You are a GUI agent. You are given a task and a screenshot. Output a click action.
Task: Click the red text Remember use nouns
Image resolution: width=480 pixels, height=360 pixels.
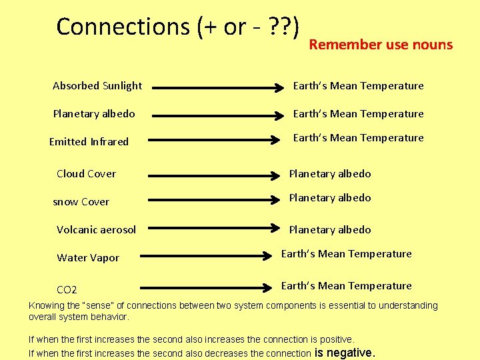381,45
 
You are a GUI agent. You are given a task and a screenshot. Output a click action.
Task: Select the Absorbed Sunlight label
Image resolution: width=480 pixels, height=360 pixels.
97,85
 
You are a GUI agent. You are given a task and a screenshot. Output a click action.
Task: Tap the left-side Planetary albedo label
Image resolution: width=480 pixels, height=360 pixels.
94,114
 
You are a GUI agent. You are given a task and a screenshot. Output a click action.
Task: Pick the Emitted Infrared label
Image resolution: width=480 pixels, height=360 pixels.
89,141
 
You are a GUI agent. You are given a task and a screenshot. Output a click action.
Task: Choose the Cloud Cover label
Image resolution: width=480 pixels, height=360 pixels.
86,173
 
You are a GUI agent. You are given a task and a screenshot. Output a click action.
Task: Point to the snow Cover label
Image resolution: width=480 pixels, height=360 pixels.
81,201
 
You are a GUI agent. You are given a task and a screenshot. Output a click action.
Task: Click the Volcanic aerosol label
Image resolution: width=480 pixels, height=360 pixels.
96,229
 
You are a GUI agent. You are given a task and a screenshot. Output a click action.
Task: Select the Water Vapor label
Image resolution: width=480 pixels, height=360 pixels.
88,258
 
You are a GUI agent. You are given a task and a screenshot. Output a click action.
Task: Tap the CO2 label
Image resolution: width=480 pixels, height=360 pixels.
67,289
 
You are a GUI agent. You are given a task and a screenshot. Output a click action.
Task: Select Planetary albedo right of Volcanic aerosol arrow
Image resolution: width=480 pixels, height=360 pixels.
329,229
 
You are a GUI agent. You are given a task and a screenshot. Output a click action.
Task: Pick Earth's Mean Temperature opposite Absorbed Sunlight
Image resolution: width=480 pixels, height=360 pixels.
358,85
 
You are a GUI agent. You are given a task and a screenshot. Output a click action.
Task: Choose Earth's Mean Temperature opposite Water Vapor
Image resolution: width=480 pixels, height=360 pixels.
346,254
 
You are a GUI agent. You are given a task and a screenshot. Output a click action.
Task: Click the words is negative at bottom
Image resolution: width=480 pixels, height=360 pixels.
345,353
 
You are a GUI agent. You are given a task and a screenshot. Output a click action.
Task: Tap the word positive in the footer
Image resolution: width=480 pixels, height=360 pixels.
334,339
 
